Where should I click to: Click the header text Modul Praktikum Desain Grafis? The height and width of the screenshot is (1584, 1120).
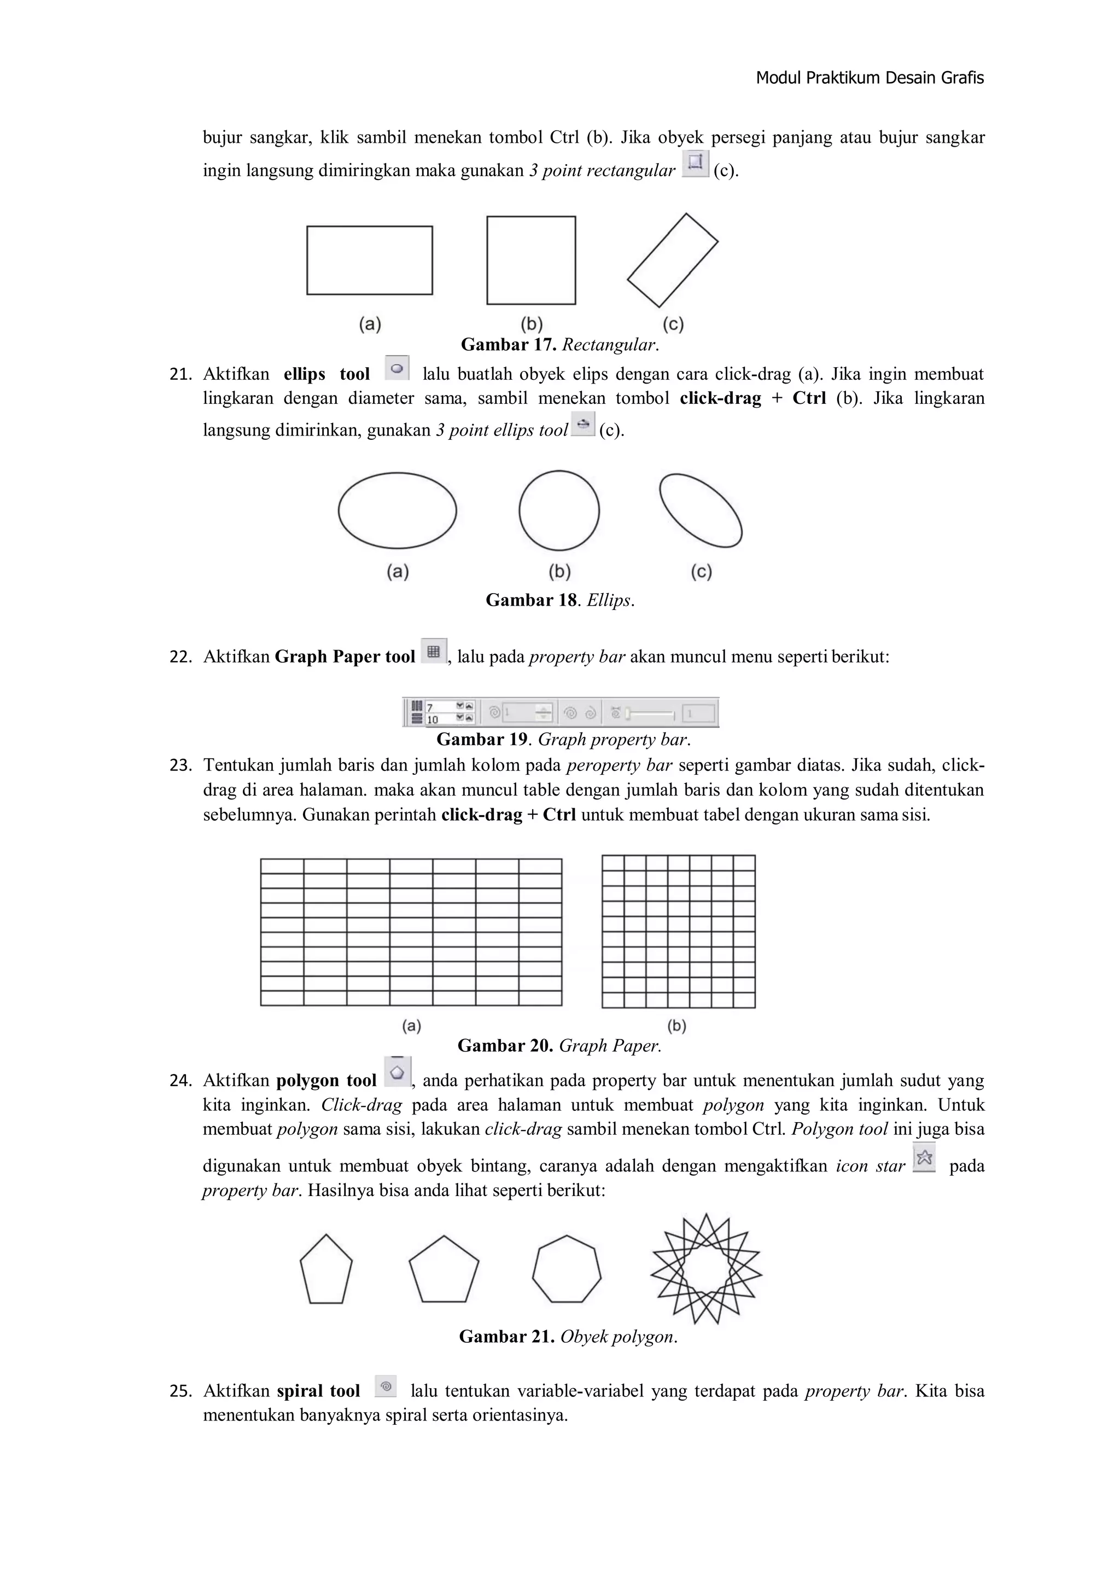click(x=869, y=78)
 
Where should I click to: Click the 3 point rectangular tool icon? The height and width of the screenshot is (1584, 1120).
click(x=695, y=164)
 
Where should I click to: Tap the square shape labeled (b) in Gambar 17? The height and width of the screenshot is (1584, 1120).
click(x=531, y=260)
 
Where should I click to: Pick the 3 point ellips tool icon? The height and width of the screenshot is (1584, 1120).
click(x=584, y=423)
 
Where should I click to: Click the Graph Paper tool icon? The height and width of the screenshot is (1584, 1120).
click(x=433, y=651)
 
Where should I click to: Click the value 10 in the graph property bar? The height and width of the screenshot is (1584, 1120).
click(x=433, y=720)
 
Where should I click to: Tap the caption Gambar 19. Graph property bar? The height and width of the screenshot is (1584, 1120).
click(x=563, y=740)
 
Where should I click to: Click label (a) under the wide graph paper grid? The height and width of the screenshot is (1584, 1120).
click(x=411, y=1026)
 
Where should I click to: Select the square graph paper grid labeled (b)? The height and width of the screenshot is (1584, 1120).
click(x=678, y=931)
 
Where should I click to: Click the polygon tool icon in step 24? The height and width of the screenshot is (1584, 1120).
click(x=396, y=1072)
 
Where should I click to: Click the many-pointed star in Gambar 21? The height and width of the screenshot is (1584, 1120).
click(x=705, y=1269)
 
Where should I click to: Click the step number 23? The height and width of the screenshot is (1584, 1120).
click(x=180, y=766)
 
